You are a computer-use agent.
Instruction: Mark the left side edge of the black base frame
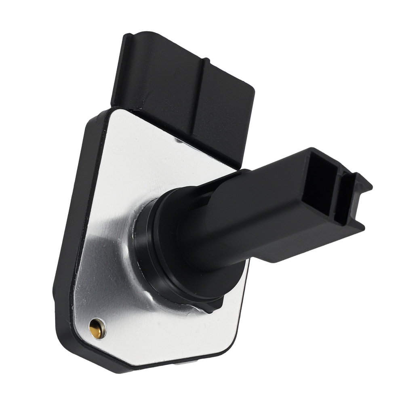(x=65, y=242)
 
